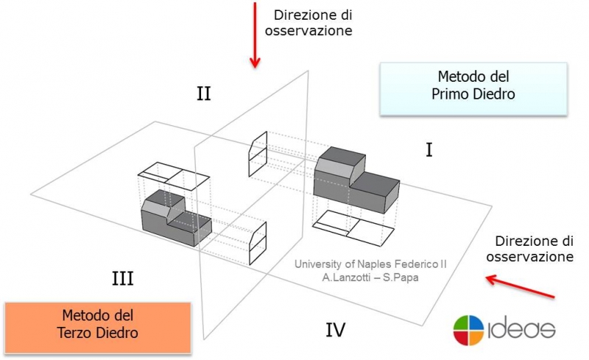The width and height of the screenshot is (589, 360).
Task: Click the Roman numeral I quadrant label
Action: pos(428,150)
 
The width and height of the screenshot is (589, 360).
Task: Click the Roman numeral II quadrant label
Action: pos(204,93)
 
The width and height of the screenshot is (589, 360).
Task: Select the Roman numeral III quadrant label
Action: pos(122,279)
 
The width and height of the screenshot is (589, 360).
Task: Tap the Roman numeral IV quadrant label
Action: pos(335,330)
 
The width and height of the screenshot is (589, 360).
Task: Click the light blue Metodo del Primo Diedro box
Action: pos(473,88)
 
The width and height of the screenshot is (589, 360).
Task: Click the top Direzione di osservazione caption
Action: pos(312,22)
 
